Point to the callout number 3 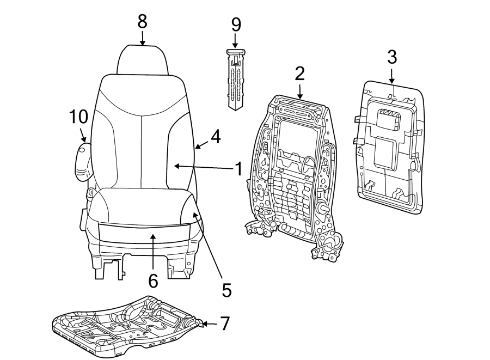(392, 56)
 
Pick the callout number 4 (216, 136)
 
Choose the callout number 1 (237, 169)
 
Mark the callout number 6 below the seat (153, 280)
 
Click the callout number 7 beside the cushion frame (224, 324)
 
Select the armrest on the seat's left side (83, 161)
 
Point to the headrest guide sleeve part (236, 79)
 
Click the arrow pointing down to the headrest (143, 38)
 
